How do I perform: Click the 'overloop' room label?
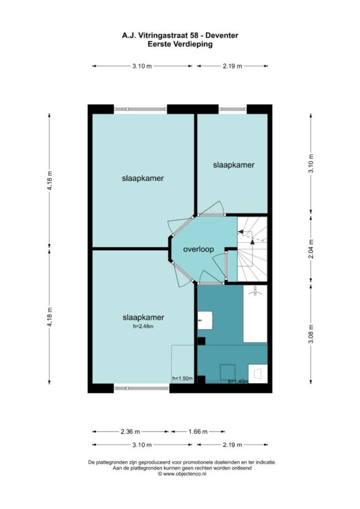199,249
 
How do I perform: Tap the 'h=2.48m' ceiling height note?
143,326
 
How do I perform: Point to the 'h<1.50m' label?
182,378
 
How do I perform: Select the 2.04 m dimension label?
311,249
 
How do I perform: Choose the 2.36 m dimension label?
130,432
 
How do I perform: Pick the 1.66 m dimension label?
198,432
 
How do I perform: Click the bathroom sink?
205,321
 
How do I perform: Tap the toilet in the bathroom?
258,374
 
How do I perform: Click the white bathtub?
255,313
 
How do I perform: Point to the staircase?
252,249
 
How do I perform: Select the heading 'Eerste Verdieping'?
180,44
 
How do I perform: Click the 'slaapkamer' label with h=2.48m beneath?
143,318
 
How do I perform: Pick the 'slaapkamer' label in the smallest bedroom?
233,165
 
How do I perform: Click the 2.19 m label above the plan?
233,66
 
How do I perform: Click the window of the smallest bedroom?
233,109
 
